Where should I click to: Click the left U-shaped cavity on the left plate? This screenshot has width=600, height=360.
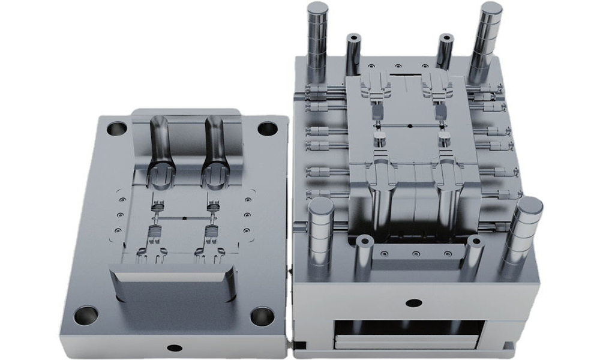pos(158,150)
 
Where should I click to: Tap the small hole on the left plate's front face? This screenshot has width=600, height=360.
pos(174,347)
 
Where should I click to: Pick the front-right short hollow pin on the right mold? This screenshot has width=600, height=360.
pos(475,255)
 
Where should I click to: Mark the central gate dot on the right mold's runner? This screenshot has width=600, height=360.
pos(409,126)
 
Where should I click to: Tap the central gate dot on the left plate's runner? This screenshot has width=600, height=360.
pos(185,219)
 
